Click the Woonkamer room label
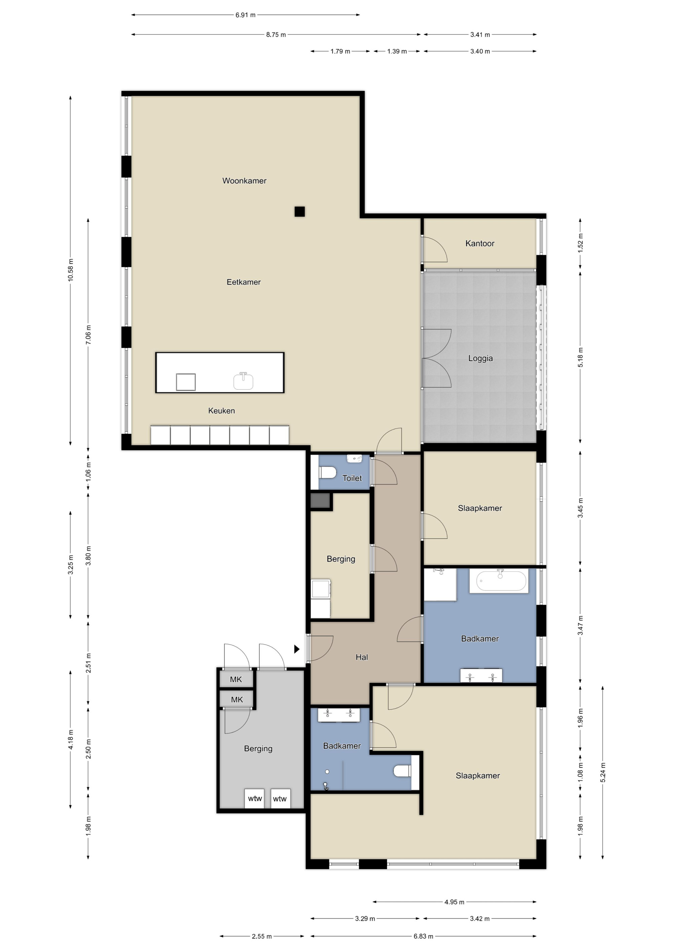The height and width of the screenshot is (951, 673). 244,181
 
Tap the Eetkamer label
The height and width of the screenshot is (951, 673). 243,282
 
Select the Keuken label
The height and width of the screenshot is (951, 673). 221,410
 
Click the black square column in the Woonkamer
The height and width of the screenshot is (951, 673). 300,212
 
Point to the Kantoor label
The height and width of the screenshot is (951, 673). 480,243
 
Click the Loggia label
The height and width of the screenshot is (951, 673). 481,358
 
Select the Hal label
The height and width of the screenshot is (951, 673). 362,657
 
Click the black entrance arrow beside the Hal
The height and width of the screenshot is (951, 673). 296,649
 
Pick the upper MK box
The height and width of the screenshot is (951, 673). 236,679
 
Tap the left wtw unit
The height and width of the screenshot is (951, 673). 255,799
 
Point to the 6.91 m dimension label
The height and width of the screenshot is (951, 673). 246,15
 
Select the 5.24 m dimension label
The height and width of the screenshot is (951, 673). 603,772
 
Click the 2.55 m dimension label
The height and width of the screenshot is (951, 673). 262,937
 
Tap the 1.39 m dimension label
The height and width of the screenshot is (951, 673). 397,51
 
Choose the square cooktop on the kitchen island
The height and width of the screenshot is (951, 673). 186,382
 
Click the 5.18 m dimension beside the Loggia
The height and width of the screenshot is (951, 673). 580,357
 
